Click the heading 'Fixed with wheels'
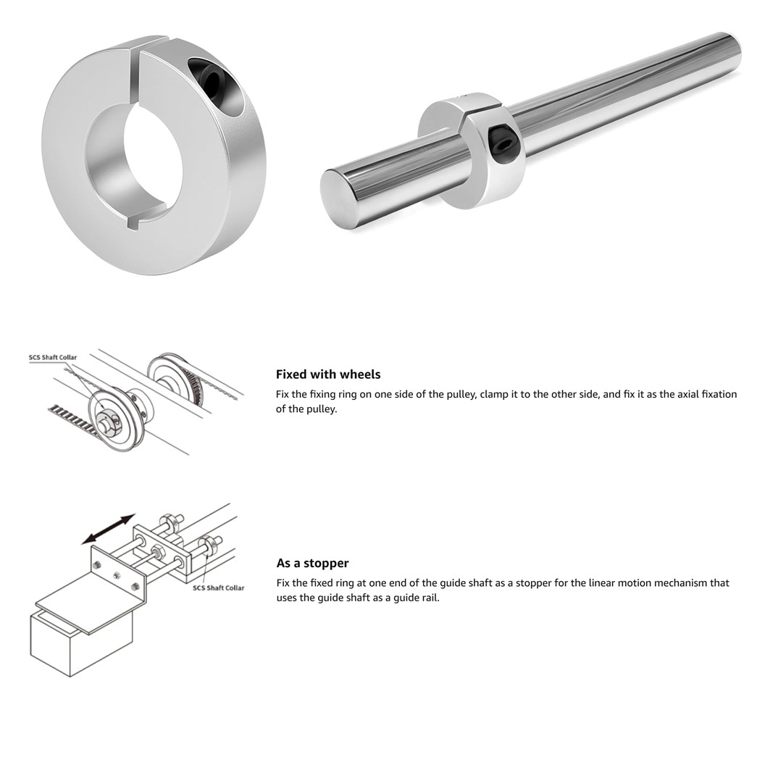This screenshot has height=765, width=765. click(x=327, y=375)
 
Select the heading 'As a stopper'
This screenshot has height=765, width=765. click(x=312, y=563)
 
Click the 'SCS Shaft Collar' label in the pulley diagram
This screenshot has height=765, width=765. click(x=52, y=357)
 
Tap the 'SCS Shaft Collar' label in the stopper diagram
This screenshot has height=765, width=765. click(x=218, y=588)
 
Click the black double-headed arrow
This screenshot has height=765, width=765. click(x=108, y=529)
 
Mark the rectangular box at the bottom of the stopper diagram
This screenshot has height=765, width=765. click(x=80, y=645)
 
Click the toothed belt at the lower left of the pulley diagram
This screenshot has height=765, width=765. click(x=69, y=420)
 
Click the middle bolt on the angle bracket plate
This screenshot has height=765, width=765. click(x=117, y=575)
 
